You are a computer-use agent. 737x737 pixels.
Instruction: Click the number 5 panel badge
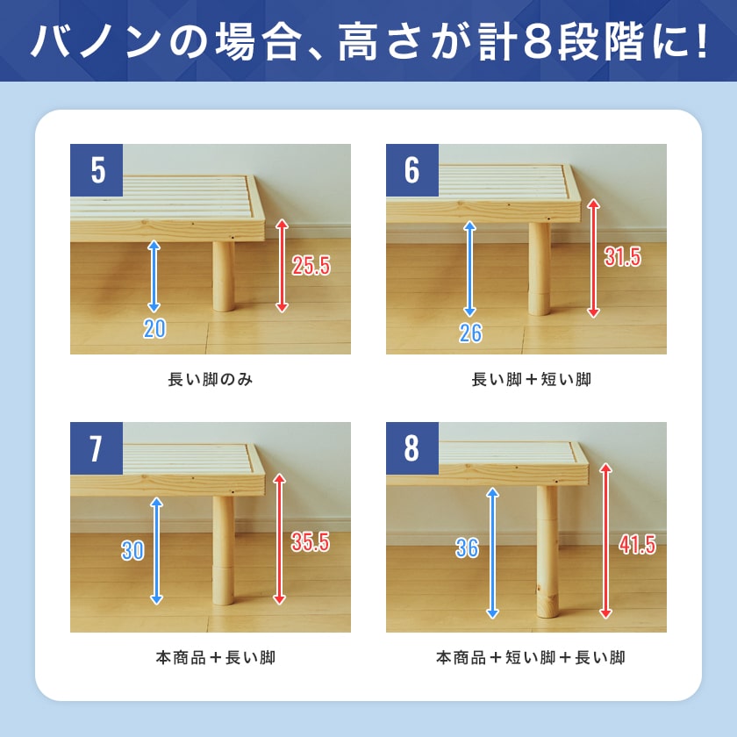97,170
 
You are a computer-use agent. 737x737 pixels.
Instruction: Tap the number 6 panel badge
412,170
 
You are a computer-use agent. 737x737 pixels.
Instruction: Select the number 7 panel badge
97,448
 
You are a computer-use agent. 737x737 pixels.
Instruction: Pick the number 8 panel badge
412,448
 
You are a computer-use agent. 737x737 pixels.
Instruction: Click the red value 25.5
311,266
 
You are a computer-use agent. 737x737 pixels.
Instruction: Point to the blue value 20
154,328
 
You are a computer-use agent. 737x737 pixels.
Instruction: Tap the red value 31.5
622,257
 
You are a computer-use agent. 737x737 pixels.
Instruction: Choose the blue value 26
470,333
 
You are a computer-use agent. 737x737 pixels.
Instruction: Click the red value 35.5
311,542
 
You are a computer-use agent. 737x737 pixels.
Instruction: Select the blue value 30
132,550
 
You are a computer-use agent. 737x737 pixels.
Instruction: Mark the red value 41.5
637,545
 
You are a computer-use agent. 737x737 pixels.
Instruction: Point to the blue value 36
467,548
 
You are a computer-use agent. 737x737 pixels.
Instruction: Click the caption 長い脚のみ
211,379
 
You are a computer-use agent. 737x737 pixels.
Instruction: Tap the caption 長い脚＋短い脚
531,379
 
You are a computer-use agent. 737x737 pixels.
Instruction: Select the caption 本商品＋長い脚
215,657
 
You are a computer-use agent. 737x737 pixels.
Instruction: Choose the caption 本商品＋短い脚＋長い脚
531,657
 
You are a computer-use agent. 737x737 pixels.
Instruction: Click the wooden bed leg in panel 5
223,276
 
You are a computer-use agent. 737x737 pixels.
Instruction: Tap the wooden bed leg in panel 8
547,551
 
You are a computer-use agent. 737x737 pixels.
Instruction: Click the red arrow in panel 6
594,258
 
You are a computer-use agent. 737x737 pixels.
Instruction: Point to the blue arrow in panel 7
156,551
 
